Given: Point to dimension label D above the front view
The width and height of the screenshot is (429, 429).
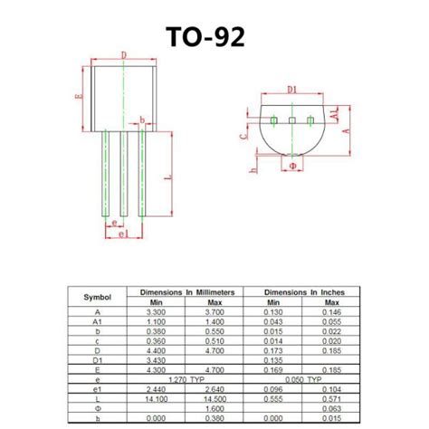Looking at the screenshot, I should pyautogui.click(x=124, y=55).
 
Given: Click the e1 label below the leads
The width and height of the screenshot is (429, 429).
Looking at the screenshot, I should pyautogui.click(x=123, y=234).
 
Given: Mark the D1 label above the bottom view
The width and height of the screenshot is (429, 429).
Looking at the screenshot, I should pyautogui.click(x=291, y=89).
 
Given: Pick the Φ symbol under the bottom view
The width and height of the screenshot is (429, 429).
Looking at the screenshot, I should pyautogui.click(x=291, y=167).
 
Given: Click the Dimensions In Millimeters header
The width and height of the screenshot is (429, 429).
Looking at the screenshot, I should pyautogui.click(x=186, y=291).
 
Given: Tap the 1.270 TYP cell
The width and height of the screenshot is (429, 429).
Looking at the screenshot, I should pyautogui.click(x=187, y=378).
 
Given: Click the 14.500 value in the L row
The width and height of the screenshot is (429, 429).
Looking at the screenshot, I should pyautogui.click(x=215, y=398).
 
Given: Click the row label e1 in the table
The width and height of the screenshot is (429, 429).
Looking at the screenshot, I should pyautogui.click(x=98, y=388).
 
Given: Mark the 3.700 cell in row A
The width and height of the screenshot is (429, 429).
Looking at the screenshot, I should pyautogui.click(x=215, y=311).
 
